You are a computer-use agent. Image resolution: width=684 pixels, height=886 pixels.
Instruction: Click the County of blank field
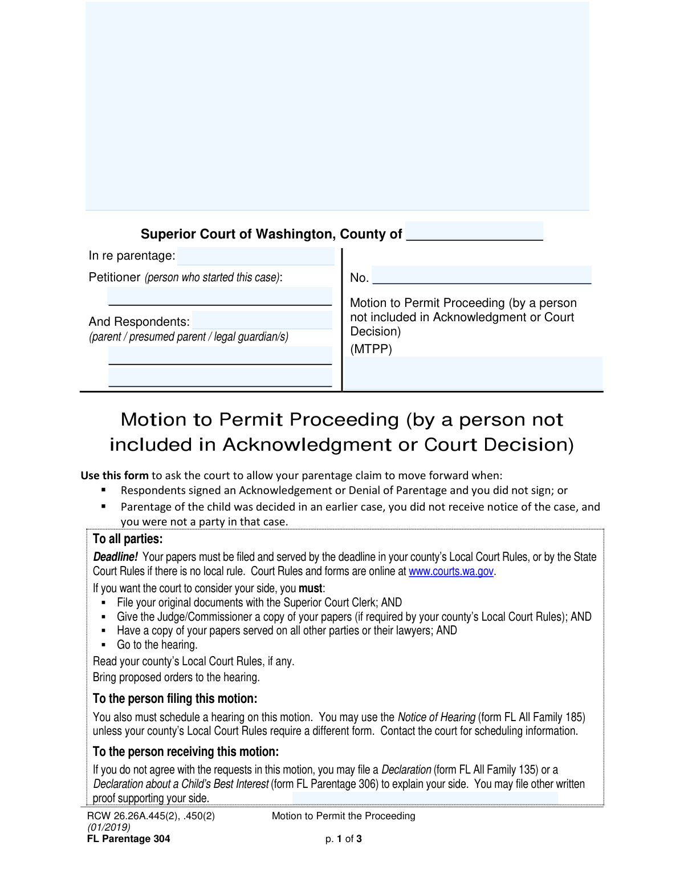coord(474,232)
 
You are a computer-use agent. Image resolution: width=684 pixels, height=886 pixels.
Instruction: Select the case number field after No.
coord(482,276)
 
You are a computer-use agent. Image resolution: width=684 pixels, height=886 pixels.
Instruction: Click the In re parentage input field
coord(255,256)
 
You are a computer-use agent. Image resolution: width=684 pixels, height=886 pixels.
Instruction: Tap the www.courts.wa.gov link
coord(451,571)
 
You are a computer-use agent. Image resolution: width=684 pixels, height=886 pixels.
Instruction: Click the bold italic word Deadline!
coord(115,557)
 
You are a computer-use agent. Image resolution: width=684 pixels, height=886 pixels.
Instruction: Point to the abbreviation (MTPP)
coord(371,349)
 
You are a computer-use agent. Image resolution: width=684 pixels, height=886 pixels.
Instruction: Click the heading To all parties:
coord(128,539)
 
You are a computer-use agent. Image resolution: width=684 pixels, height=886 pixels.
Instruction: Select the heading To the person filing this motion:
coord(175,699)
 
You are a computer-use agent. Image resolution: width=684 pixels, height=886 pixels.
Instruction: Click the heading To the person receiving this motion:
coord(186,751)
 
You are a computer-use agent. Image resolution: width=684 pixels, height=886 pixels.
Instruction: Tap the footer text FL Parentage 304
coord(128,839)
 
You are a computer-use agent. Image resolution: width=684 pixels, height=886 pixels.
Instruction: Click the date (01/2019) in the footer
coord(109,827)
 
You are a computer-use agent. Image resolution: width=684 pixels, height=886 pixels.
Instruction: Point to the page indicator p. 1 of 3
coord(343,839)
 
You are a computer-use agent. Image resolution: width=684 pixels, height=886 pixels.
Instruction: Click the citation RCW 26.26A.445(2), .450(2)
coord(151,816)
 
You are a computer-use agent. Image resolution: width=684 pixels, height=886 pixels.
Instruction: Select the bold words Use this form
coord(115,475)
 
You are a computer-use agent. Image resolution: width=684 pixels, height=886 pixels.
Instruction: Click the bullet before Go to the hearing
coord(103,645)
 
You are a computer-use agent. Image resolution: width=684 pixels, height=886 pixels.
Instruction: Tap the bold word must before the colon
coord(310,588)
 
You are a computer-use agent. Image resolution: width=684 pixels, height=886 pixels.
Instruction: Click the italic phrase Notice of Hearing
coord(436,717)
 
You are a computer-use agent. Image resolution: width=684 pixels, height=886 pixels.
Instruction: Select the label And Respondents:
coord(139,322)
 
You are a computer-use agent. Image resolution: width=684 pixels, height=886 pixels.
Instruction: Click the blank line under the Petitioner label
coord(220,297)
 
